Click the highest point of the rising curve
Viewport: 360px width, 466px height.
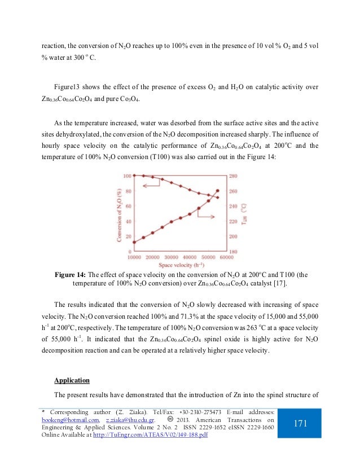coord(218,191)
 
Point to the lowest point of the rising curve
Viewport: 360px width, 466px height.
coord(134,242)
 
